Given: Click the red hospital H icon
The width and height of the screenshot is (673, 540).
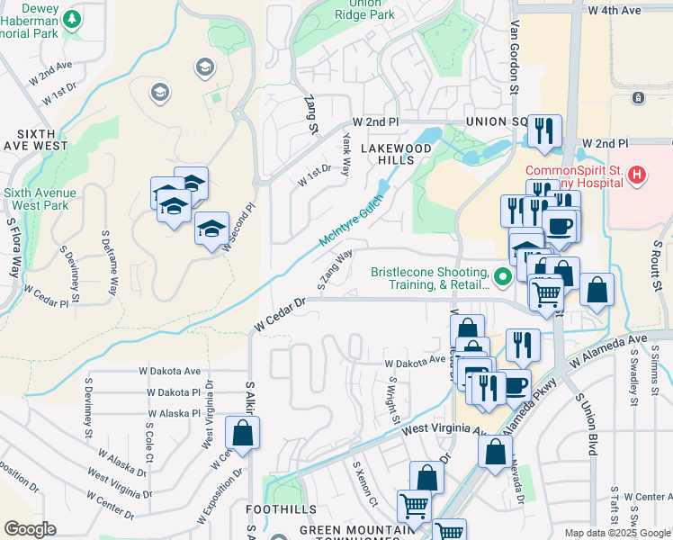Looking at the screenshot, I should coord(637,175).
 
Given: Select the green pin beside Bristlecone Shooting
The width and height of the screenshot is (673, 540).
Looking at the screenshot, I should coord(504,277).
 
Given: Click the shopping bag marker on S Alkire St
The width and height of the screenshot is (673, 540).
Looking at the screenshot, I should coord(245,434).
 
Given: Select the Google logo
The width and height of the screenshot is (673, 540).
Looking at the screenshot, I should coord(30,529).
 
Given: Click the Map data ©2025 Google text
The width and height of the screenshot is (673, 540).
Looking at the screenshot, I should coord(617,533).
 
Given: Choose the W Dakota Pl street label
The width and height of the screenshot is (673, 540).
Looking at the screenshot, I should coord(174,392).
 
